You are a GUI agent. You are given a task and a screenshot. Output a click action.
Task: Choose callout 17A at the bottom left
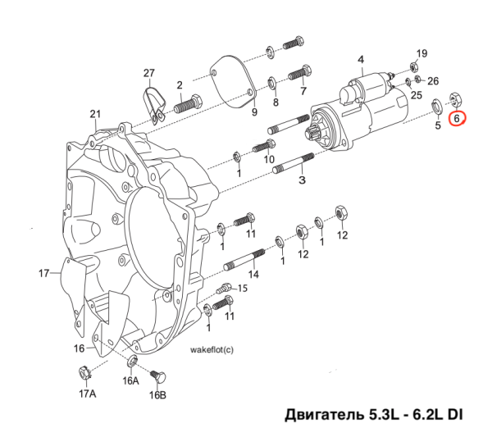[x=87, y=394]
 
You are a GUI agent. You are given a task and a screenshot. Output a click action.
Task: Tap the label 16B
[x=157, y=395]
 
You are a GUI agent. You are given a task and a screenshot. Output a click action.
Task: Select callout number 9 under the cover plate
[x=254, y=111]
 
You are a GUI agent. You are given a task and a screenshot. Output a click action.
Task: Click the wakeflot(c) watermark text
[x=212, y=349]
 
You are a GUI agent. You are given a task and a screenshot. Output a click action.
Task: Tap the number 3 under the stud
[x=302, y=180]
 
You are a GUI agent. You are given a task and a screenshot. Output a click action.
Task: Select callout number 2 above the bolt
[x=179, y=84]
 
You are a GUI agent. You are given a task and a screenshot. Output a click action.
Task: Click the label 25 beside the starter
[x=417, y=96]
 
